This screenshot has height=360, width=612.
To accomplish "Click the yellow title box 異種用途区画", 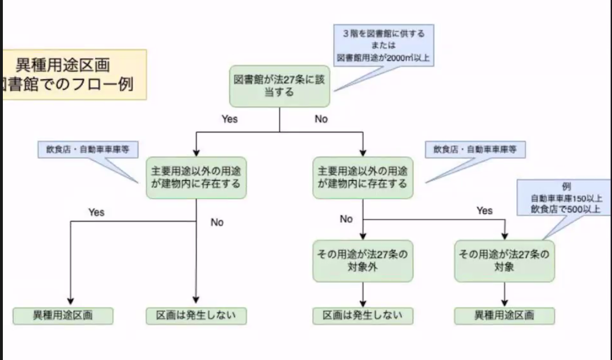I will (x=74, y=74).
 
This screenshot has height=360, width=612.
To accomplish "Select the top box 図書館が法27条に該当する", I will (x=280, y=85).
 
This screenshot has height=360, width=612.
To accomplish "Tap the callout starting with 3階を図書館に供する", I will (x=383, y=46).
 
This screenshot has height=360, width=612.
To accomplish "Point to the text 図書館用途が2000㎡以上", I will (x=383, y=58).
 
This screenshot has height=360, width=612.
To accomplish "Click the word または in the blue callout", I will (x=383, y=45).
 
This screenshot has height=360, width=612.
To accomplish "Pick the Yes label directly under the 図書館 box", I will (x=230, y=119).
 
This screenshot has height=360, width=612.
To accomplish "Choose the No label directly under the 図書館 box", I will (x=321, y=119).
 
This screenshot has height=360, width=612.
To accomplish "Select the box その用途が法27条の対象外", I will (x=363, y=261).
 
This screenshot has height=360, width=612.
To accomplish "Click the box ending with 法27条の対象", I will (x=505, y=261).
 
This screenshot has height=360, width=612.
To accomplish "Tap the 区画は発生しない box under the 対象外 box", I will (x=363, y=315).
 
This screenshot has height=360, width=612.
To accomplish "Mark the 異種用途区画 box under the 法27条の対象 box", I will (x=505, y=315).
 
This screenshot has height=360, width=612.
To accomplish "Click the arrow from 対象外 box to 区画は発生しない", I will (x=363, y=293).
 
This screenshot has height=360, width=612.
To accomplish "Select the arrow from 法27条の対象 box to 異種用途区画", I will (x=505, y=293).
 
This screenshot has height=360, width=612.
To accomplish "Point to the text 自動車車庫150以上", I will (x=566, y=199).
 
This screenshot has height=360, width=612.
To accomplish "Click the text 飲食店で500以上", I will (x=566, y=209).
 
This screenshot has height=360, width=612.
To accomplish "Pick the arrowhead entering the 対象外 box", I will (x=363, y=236).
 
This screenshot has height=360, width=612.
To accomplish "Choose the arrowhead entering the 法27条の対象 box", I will (x=505, y=236).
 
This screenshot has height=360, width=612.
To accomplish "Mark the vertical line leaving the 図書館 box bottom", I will (x=280, y=119).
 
